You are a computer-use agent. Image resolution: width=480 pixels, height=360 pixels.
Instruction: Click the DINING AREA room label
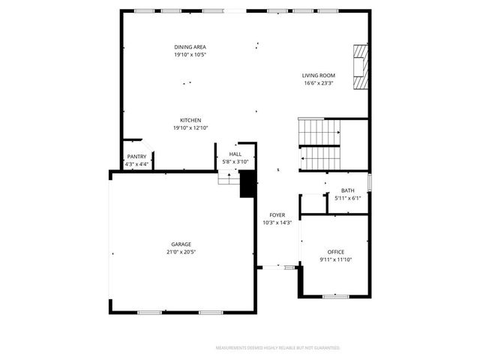(190, 47)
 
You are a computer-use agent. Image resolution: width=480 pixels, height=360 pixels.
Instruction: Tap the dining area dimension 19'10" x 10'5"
(190, 55)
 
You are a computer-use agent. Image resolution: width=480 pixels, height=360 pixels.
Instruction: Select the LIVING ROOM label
(319, 76)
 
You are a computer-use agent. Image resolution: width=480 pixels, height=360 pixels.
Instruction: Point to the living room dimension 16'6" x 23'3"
(319, 83)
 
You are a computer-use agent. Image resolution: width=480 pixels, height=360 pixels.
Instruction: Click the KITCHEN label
(190, 121)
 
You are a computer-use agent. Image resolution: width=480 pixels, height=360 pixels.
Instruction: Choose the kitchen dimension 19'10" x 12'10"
(190, 128)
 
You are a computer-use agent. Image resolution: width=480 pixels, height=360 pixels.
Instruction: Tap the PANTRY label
(136, 157)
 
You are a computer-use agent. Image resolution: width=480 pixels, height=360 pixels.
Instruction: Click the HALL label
(235, 154)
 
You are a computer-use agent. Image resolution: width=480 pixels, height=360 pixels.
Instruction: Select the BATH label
(348, 190)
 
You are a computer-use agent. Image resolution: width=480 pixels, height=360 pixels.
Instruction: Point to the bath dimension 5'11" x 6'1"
(348, 198)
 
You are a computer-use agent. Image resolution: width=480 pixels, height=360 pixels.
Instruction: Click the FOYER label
(277, 215)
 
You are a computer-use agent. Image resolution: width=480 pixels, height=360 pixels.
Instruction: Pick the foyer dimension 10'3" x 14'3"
(277, 223)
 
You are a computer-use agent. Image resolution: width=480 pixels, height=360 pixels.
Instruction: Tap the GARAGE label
(181, 244)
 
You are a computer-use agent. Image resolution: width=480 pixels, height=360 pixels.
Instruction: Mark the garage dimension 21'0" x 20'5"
(181, 252)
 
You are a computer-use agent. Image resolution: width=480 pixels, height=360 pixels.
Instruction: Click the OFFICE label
(335, 252)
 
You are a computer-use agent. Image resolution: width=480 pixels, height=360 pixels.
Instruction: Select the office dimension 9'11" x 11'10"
(335, 259)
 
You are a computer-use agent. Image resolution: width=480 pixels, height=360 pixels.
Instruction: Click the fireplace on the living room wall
(362, 67)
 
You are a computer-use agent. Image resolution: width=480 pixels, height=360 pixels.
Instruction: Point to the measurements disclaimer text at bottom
(278, 348)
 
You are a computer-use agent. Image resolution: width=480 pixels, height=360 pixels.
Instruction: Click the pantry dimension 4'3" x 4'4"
(136, 164)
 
